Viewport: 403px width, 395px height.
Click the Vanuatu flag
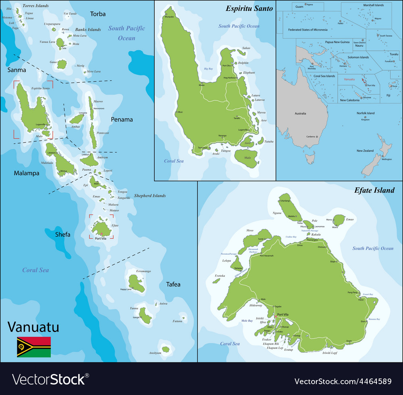(34, 347)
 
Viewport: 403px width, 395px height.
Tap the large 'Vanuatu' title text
(33, 327)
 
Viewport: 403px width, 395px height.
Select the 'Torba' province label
(98, 14)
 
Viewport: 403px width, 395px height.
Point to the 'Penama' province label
(122, 119)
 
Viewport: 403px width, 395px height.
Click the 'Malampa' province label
(27, 173)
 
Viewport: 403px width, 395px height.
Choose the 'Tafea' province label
(173, 284)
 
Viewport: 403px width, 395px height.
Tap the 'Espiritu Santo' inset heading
(249, 8)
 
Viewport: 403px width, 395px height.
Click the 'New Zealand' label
(365, 151)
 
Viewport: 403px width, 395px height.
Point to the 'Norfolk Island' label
(366, 113)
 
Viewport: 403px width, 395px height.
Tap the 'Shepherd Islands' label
(150, 196)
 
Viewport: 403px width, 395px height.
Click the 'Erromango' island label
(143, 271)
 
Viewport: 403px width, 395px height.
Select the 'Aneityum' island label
(155, 353)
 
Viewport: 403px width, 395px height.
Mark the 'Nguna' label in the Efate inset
(277, 213)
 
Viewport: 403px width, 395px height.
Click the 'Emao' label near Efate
(350, 219)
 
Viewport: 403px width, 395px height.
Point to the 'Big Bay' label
(208, 69)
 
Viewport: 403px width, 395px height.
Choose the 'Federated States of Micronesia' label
(307, 30)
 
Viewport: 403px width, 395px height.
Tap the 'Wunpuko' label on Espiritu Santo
(168, 17)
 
